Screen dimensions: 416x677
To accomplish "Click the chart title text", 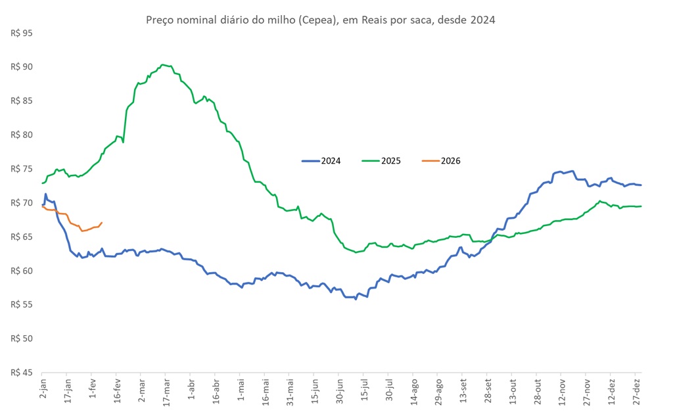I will [x=319, y=20].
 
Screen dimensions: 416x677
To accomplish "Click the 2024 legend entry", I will [x=321, y=160].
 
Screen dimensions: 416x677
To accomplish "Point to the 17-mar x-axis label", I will [x=166, y=392].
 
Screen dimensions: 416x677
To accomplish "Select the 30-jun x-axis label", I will [x=340, y=392].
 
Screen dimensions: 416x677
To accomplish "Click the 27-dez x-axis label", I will [x=638, y=392].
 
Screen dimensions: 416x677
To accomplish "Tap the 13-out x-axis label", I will [x=513, y=392].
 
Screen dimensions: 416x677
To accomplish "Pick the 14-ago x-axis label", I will [x=414, y=392].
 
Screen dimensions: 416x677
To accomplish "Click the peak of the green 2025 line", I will [x=163, y=64].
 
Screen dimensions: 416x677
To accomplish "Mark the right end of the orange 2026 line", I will [x=101, y=223].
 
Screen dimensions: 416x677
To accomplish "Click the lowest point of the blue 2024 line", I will [x=356, y=299].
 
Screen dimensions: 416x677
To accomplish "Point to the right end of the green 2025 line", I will [x=642, y=206].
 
